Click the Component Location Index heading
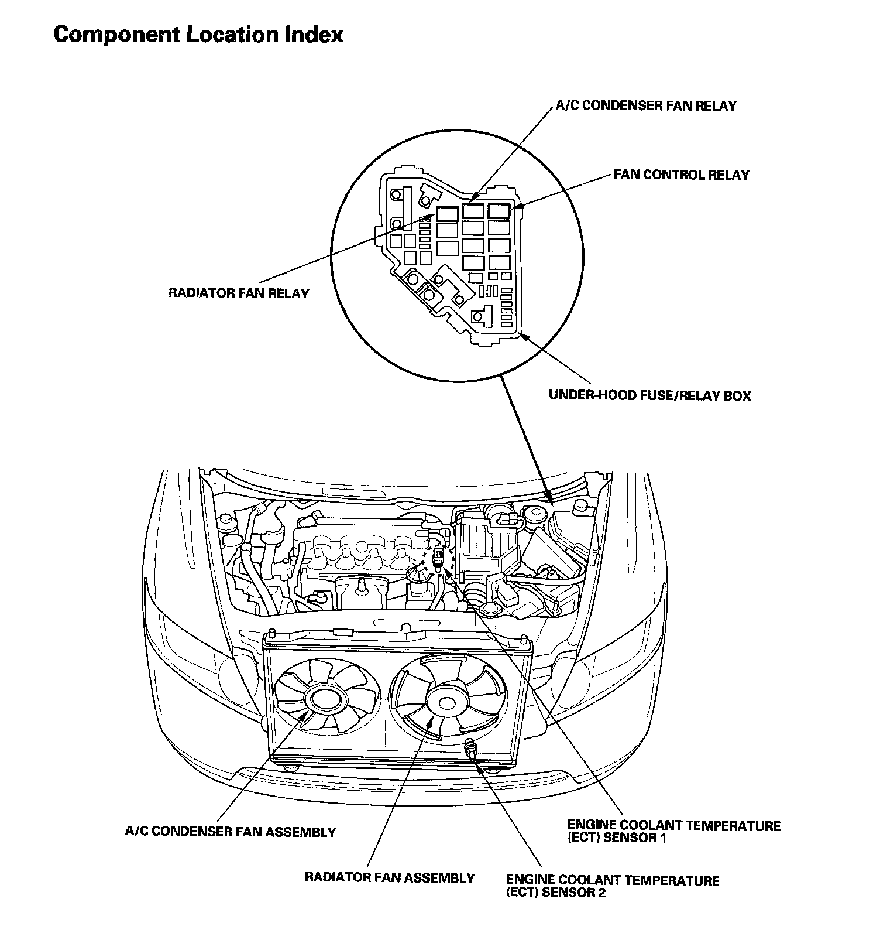coord(198,35)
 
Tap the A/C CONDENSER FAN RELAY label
coord(645,106)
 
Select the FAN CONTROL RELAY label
coord(681,175)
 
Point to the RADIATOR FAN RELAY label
coord(239,293)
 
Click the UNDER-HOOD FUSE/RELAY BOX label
coord(649,395)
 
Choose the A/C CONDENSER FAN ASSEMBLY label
coord(231,832)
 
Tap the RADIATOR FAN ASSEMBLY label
coord(390,877)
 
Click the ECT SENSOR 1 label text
coord(673,832)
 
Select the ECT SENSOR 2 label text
coord(613,887)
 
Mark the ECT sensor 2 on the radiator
coord(470,749)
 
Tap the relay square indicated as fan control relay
coord(500,211)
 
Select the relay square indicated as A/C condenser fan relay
coord(473,211)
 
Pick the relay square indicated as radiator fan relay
coord(447,214)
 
